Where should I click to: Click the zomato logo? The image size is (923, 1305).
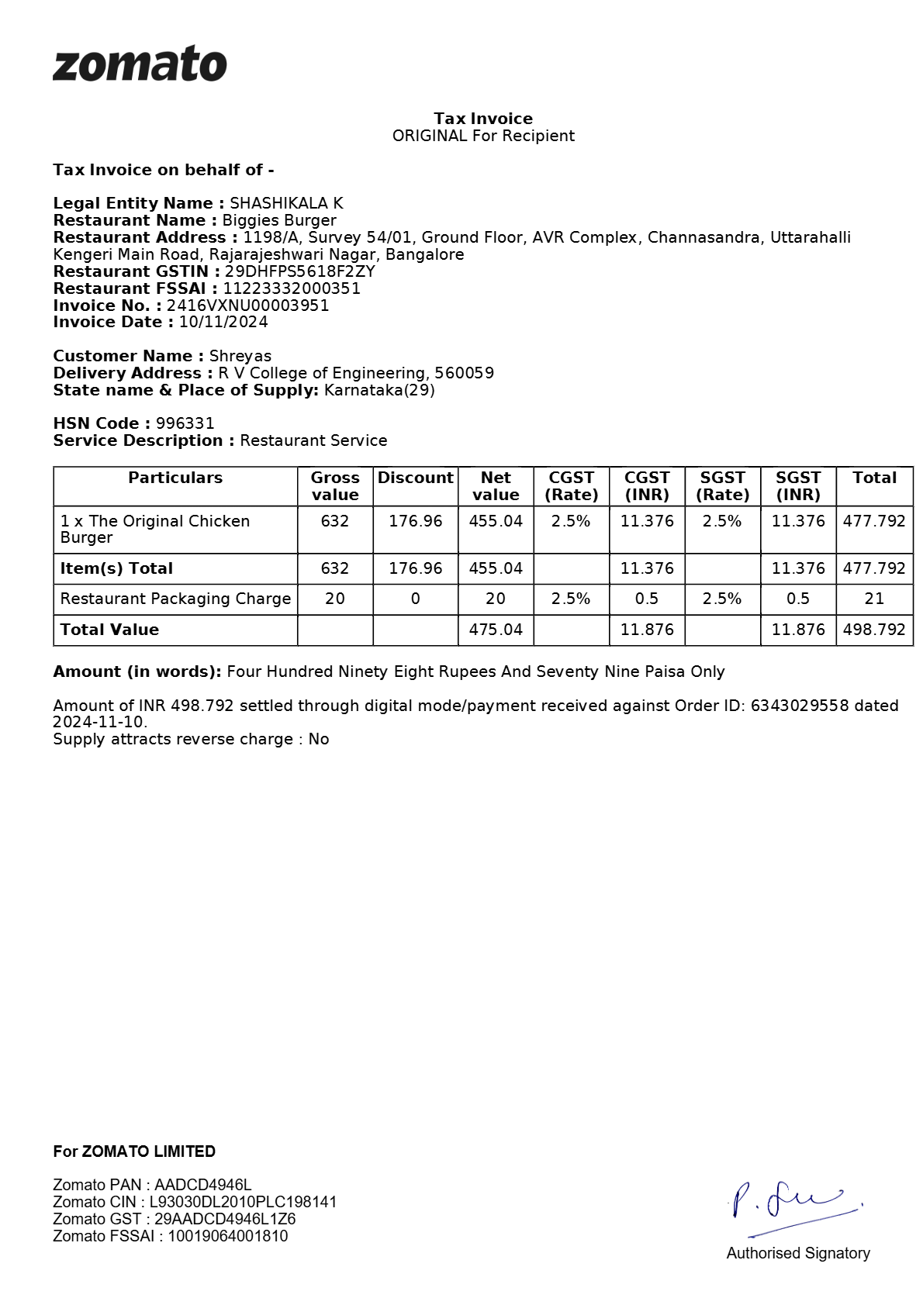pyautogui.click(x=140, y=64)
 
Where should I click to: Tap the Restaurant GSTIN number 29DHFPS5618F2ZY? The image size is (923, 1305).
pyautogui.click(x=299, y=271)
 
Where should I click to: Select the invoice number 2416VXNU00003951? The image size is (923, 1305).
pyautogui.click(x=247, y=306)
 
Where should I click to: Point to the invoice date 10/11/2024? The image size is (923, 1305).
pyautogui.click(x=223, y=323)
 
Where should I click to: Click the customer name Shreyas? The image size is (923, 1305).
pyautogui.click(x=240, y=357)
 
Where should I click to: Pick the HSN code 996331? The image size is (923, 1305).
pyautogui.click(x=185, y=423)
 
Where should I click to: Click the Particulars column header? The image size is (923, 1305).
pyautogui.click(x=175, y=478)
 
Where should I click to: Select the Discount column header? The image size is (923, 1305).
pyautogui.click(x=415, y=478)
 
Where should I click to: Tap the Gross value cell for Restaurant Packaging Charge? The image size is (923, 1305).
pyautogui.click(x=335, y=599)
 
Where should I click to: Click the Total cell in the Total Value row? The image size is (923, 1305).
pyautogui.click(x=874, y=630)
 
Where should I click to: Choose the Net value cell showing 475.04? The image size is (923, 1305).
pyautogui.click(x=496, y=630)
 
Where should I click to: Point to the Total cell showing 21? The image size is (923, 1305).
pyautogui.click(x=874, y=599)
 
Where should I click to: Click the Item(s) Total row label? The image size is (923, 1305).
pyautogui.click(x=116, y=568)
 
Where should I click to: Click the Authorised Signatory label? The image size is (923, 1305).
pyautogui.click(x=798, y=1253)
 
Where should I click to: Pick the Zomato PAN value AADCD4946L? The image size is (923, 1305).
pyautogui.click(x=203, y=1185)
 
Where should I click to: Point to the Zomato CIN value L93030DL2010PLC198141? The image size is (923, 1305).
pyautogui.click(x=243, y=1202)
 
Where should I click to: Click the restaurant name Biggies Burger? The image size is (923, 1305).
pyautogui.click(x=279, y=221)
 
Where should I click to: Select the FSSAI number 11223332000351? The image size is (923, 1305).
pyautogui.click(x=292, y=288)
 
